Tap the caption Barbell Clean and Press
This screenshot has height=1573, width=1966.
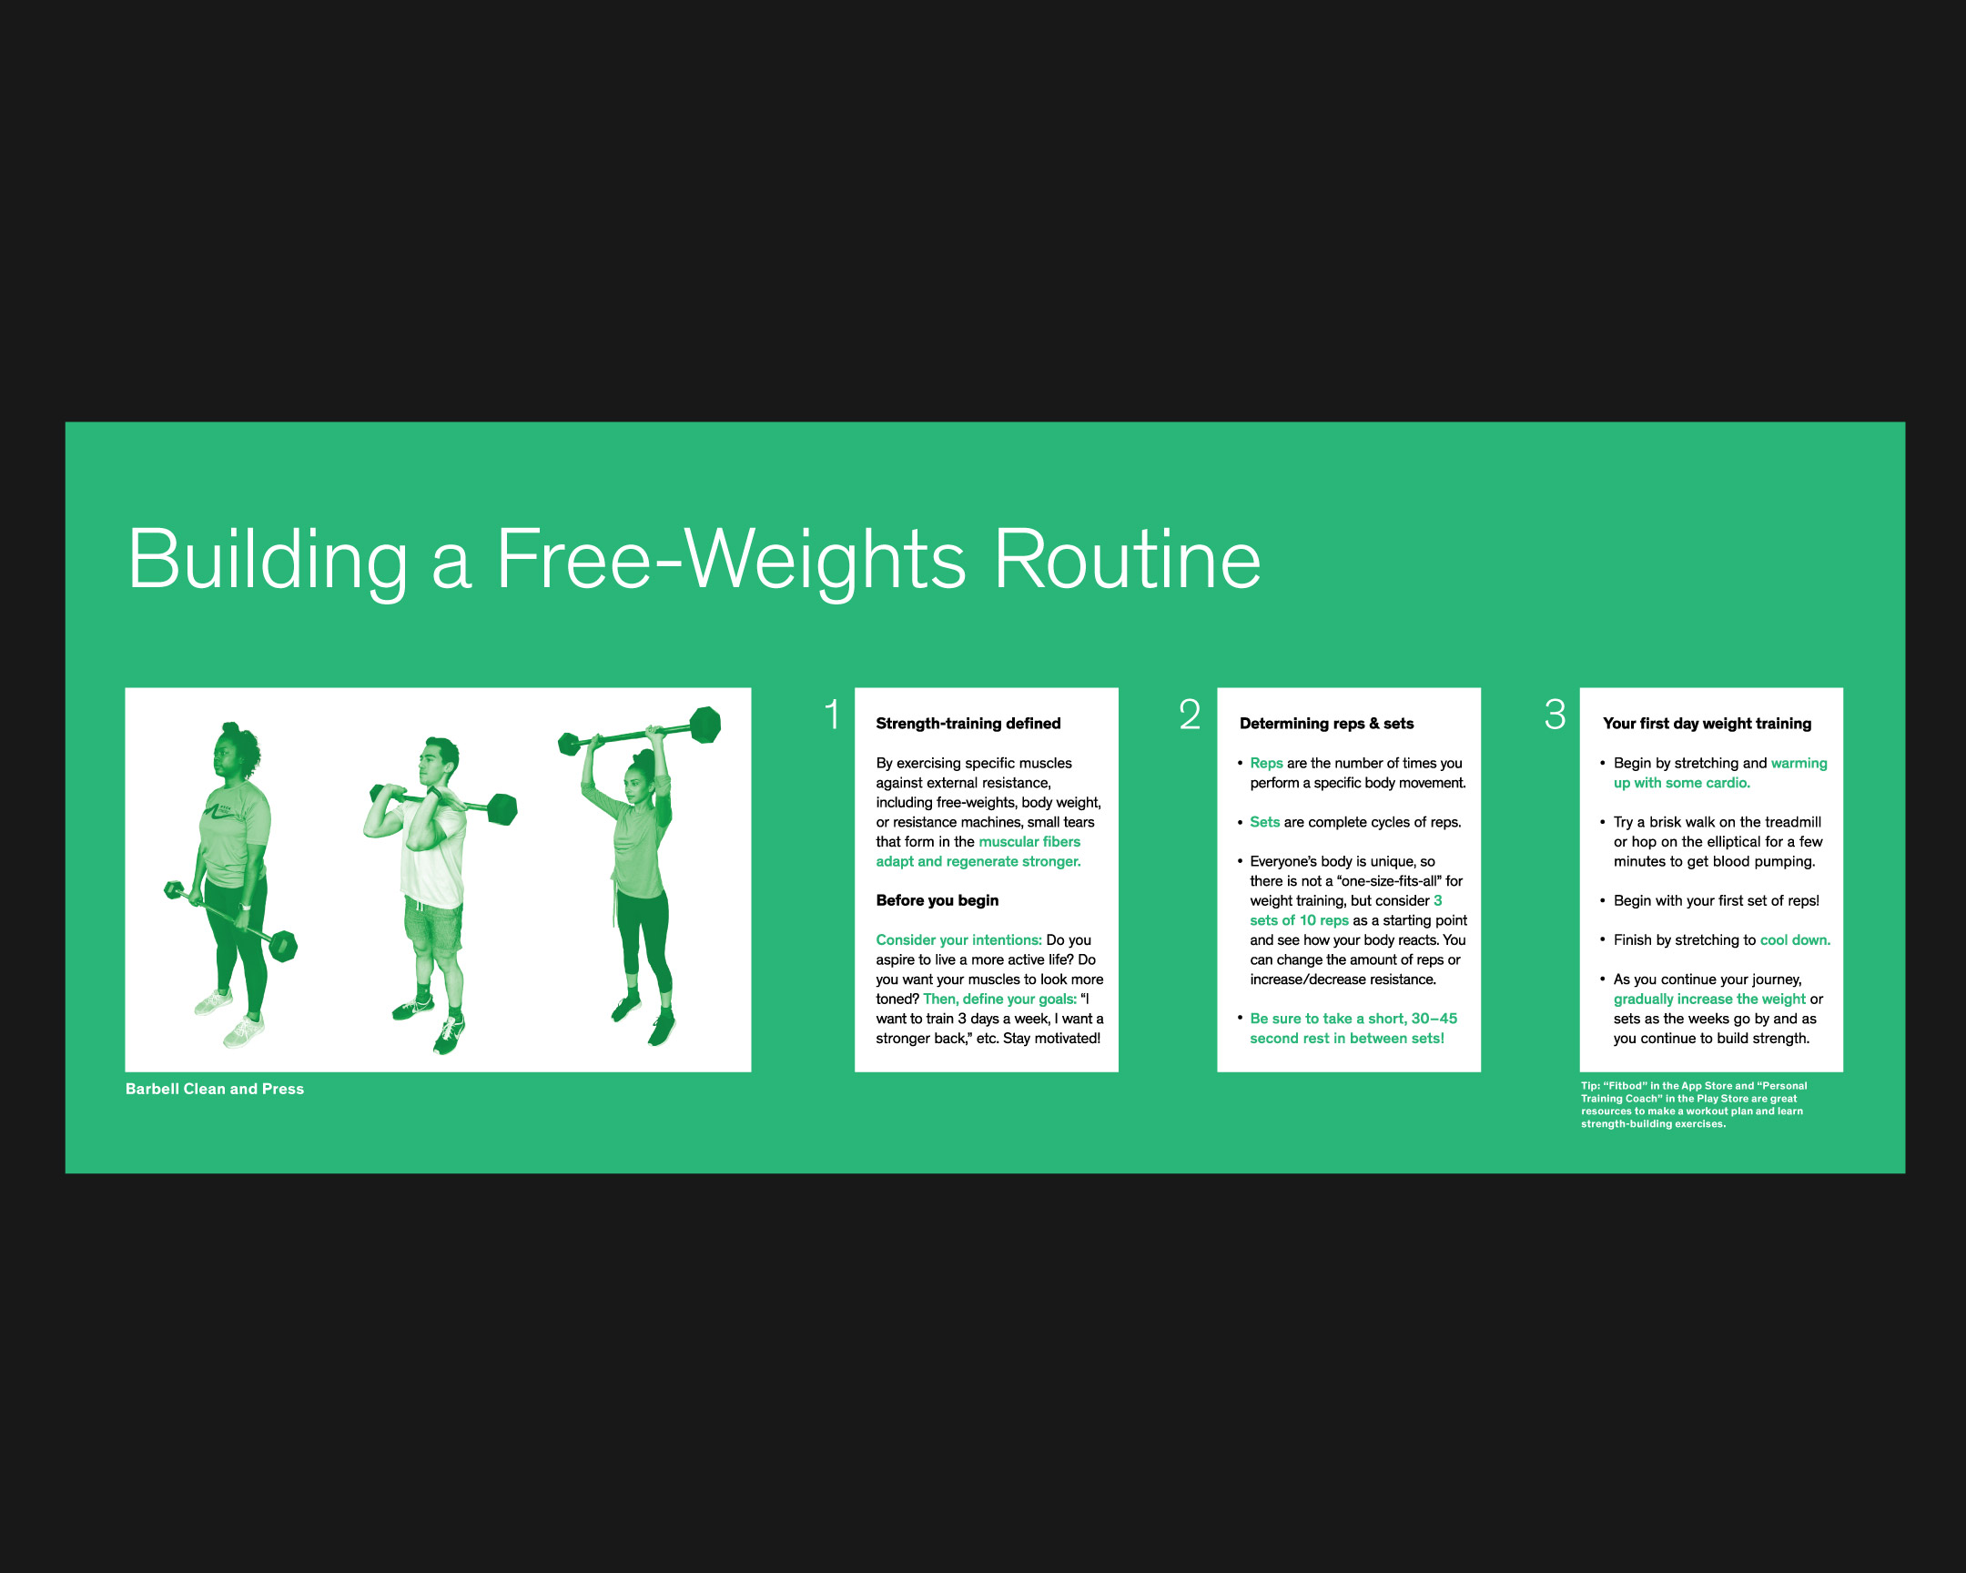(x=215, y=1089)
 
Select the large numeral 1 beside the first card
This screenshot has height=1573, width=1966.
(x=833, y=714)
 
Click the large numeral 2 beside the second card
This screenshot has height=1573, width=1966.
(x=1190, y=714)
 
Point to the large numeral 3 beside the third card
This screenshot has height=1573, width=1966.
(x=1555, y=714)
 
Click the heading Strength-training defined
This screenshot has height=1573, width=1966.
(x=968, y=723)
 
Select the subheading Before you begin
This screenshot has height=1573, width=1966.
(x=937, y=900)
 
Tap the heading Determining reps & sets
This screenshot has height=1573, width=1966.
(x=1327, y=723)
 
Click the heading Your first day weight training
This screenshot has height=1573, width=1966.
(x=1707, y=723)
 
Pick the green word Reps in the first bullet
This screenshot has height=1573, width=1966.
(x=1267, y=763)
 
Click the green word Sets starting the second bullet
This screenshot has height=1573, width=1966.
(x=1265, y=822)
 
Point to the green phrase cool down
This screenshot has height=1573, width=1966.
(x=1795, y=940)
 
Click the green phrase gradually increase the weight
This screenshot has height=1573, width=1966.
(x=1708, y=1000)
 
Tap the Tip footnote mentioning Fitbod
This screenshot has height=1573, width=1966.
(x=1693, y=1104)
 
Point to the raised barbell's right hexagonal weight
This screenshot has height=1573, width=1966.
(x=704, y=725)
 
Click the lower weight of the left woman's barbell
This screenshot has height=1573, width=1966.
(x=284, y=946)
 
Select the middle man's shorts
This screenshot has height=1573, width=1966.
(x=434, y=925)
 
